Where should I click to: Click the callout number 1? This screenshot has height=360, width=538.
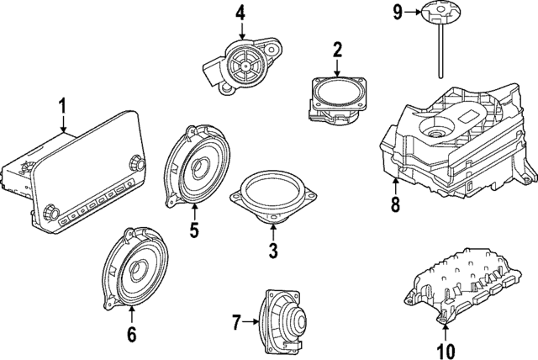coord(61,107)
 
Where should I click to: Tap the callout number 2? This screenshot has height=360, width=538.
coord(338,50)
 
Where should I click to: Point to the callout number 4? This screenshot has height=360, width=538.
coord(240,13)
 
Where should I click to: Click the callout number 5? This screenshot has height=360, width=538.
coord(194,229)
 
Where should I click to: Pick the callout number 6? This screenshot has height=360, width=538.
coord(131,335)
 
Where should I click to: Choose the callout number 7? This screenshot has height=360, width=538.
coord(236,321)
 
